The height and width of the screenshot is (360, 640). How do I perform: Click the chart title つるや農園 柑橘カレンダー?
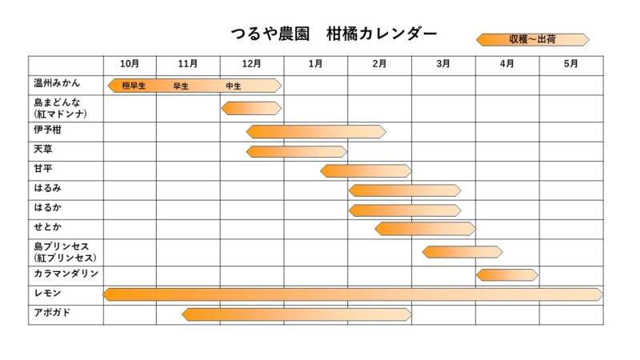pyautogui.click(x=334, y=34)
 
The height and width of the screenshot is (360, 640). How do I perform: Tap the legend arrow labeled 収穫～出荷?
pyautogui.click(x=532, y=39)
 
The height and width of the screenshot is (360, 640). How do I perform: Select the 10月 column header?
pyautogui.click(x=130, y=64)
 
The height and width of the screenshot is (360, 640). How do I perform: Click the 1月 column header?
pyautogui.click(x=315, y=64)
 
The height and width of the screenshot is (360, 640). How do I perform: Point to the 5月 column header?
pyautogui.click(x=570, y=64)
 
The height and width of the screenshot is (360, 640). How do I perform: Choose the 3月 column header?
pyautogui.click(x=443, y=64)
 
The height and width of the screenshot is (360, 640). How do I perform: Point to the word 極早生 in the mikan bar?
pyautogui.click(x=134, y=86)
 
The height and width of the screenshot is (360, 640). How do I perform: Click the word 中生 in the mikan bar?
pyautogui.click(x=233, y=86)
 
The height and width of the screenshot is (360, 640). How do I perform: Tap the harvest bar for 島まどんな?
pyautogui.click(x=251, y=108)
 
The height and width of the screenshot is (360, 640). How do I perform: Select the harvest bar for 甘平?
pyautogui.click(x=366, y=170)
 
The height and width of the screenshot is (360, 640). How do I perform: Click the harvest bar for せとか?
pyautogui.click(x=425, y=229)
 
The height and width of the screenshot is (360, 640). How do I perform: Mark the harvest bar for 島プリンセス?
pyautogui.click(x=462, y=252)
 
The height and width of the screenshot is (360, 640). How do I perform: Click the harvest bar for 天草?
pyautogui.click(x=297, y=151)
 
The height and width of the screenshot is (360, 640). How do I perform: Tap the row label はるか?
pyautogui.click(x=47, y=207)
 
